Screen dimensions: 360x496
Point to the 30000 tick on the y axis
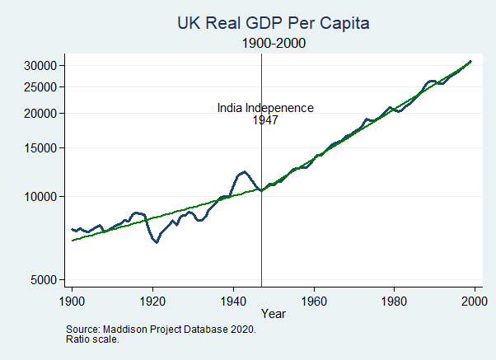40,66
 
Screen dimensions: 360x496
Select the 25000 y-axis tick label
40,87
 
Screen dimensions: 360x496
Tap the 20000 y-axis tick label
40,114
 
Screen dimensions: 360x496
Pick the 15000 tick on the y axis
40,148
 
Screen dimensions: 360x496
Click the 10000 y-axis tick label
40,197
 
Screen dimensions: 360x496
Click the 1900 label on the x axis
72,299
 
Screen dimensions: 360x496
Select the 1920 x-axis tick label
152,299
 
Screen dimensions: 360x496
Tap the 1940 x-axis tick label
233,299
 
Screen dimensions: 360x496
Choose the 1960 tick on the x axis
314,299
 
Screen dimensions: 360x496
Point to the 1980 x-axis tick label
394,299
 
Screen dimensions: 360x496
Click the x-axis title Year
273,314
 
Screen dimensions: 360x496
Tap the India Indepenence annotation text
265,108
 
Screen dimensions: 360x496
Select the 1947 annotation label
265,120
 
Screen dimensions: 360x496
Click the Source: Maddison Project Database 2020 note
161,329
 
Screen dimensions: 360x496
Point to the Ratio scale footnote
92,339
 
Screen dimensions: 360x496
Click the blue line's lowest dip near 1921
157,242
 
